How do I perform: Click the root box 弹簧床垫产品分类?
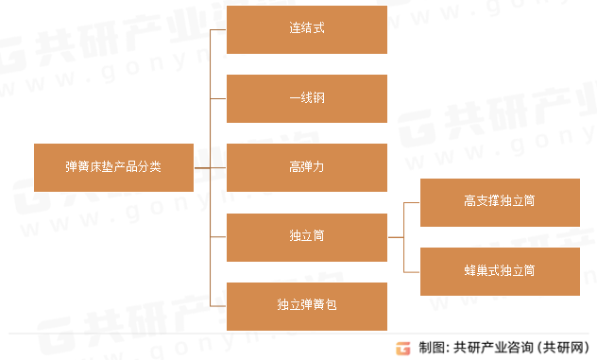pos(113,167)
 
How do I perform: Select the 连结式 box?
pos(307,29)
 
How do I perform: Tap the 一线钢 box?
pos(307,98)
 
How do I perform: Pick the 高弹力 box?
pos(307,167)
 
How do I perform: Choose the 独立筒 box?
pos(307,237)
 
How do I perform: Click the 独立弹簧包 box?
pos(307,306)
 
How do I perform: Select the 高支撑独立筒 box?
pos(500,202)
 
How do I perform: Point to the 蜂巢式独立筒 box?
pos(500,271)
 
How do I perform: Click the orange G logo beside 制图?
pos(404,347)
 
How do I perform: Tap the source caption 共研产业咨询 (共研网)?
pos(519,347)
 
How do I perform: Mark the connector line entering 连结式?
pos(218,29)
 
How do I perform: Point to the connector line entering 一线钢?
pos(218,98)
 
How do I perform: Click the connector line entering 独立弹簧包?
pos(218,306)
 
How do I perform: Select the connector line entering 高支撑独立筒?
pos(412,202)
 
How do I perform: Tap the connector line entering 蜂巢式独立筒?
pos(412,271)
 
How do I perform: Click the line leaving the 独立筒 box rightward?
pos(395,237)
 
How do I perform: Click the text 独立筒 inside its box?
pos(307,237)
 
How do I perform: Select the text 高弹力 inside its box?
pos(307,167)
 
